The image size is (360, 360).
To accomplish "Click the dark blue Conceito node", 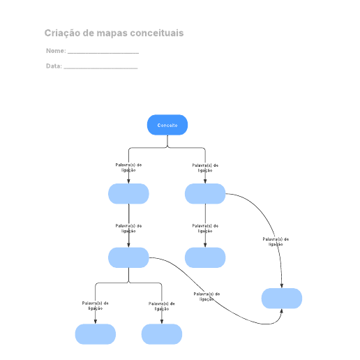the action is point(167,125).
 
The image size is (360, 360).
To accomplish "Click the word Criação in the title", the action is point(62,33).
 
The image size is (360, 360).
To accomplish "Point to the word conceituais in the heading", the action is point(157,33).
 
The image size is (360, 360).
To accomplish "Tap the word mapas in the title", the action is point(112,33).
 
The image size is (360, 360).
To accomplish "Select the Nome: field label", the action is point(56,51).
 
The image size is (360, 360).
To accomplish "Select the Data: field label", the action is point(54,66).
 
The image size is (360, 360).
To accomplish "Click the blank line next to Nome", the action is point(103,53).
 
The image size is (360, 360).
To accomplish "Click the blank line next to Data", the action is point(100,68).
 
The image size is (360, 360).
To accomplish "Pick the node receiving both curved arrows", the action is point(282,299).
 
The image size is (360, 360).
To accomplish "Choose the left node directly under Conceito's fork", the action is point(128,194).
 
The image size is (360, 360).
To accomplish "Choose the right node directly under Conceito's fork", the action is point(205,194).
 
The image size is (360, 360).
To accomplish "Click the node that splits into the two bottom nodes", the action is point(128,257).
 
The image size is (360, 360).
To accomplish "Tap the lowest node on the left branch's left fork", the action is point(96,334).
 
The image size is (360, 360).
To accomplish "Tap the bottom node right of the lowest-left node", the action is point(162,334).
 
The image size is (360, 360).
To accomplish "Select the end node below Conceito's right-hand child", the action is point(205,257).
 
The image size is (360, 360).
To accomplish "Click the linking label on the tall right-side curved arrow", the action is point(276,241).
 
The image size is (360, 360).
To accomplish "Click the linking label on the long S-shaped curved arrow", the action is point(207,297).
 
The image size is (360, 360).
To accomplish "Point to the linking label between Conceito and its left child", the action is point(128,167).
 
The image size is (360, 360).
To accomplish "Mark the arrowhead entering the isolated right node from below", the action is point(281,311).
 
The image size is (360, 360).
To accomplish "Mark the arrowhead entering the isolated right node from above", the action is point(282,286).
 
